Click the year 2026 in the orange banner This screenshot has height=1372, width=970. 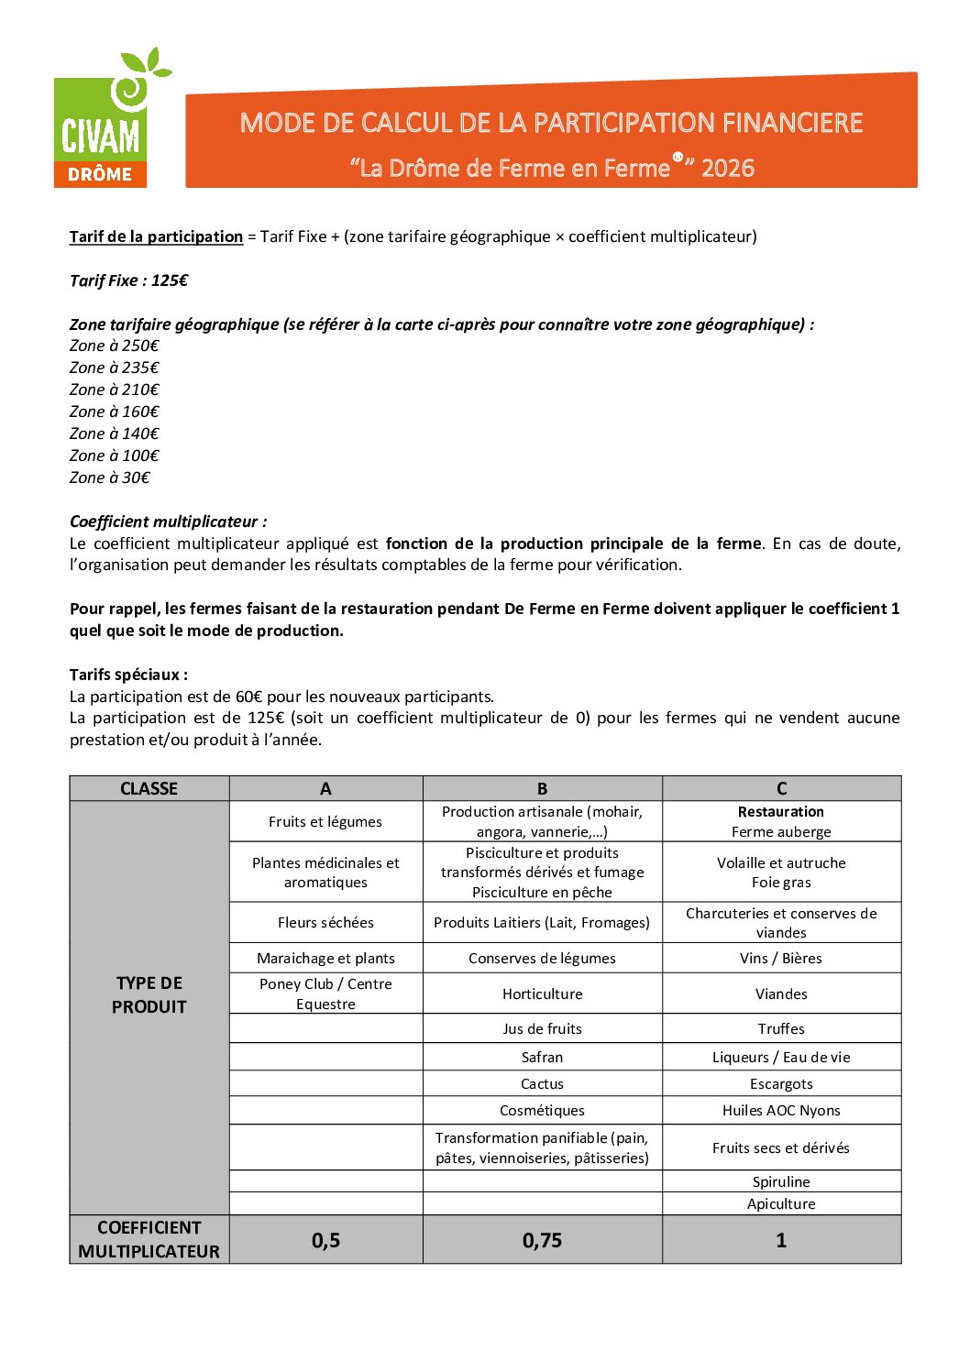click(728, 169)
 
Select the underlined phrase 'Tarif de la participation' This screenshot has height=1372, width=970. click(156, 236)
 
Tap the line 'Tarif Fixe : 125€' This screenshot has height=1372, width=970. click(128, 280)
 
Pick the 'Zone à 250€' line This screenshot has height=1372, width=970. click(114, 346)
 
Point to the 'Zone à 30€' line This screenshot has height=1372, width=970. click(109, 477)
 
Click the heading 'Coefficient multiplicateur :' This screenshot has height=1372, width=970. click(168, 521)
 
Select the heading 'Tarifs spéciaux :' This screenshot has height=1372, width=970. click(128, 675)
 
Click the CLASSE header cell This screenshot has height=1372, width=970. click(149, 788)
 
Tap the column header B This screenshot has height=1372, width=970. click(542, 788)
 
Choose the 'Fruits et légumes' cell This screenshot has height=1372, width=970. click(325, 822)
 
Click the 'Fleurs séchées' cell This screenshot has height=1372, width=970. click(325, 923)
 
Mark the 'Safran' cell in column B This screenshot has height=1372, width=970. click(542, 1058)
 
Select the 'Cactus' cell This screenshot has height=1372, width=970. click(542, 1084)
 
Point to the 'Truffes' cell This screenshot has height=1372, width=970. click(781, 1029)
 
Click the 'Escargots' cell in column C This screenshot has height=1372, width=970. click(781, 1084)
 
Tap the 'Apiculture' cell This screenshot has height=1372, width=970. click(781, 1204)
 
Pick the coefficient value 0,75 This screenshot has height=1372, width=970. click(542, 1241)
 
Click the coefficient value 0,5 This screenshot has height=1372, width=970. click(325, 1241)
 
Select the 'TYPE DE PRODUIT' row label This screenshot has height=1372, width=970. click(149, 995)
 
